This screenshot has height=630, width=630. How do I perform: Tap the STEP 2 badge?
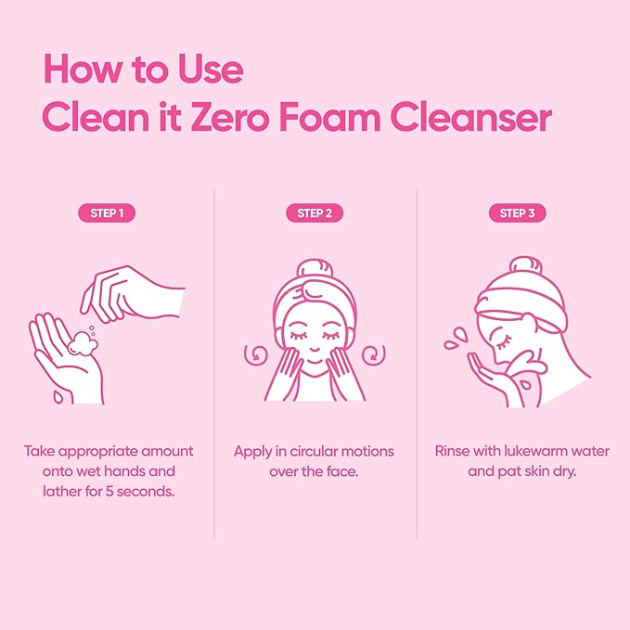point(315,213)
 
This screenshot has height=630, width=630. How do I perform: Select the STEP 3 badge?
point(517,213)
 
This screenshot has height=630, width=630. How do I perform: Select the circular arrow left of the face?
point(251,354)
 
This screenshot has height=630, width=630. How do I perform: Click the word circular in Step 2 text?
point(315,452)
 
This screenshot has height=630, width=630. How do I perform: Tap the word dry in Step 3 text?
point(559,471)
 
